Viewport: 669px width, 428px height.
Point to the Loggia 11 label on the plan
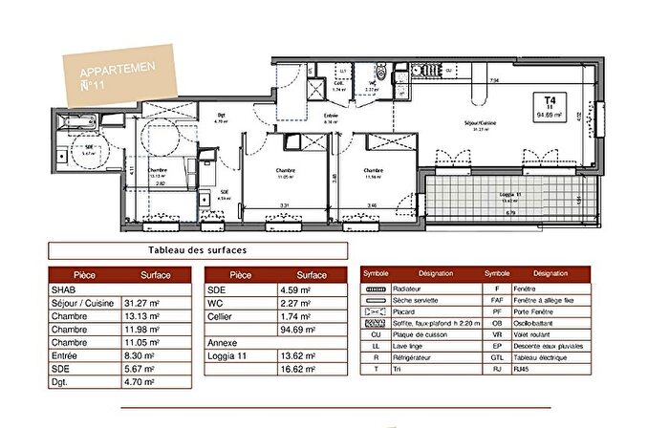(513, 194)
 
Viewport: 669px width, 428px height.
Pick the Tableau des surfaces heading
(198, 250)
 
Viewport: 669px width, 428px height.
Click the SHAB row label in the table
(67, 289)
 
